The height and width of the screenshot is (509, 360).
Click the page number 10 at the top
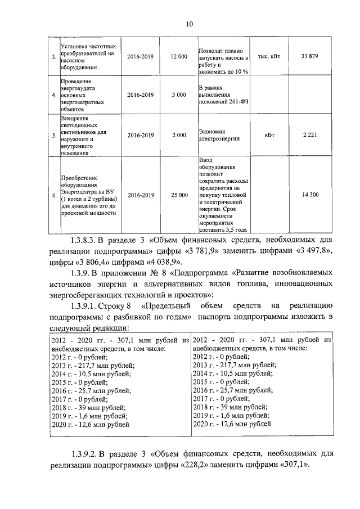point(189,24)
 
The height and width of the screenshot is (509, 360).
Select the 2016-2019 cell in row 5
point(140,136)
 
